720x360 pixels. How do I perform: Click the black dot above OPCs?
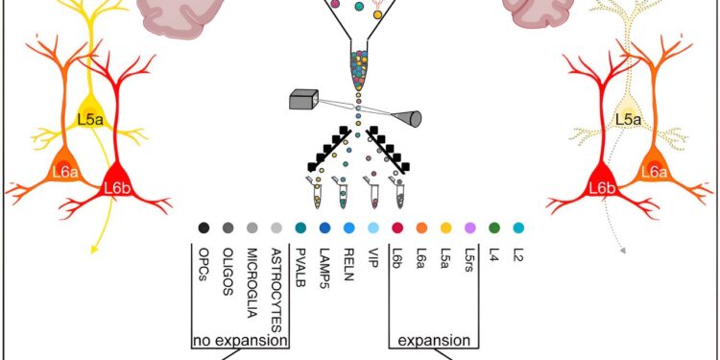(204, 228)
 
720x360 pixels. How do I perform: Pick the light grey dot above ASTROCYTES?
(276, 228)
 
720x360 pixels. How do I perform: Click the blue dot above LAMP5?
(324, 228)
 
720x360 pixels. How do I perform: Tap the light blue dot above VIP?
(372, 228)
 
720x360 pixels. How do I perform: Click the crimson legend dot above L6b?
(397, 228)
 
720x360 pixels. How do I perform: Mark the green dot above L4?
(493, 228)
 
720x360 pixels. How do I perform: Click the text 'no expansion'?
(241, 340)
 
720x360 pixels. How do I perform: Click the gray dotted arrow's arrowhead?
(625, 251)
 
